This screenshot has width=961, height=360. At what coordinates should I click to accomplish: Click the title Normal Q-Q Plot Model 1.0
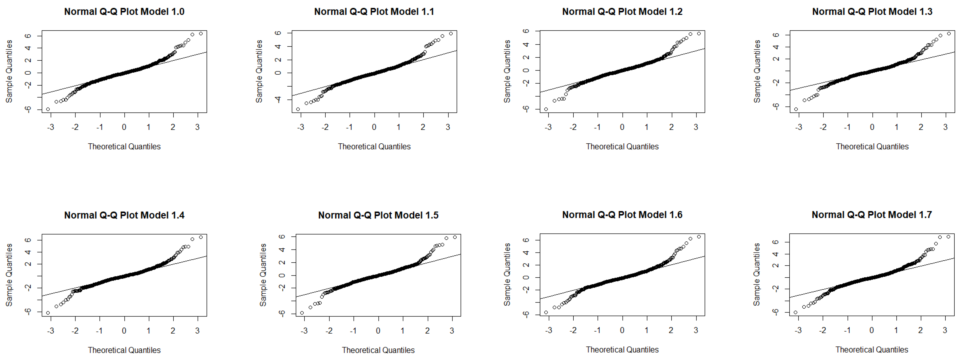pyautogui.click(x=124, y=11)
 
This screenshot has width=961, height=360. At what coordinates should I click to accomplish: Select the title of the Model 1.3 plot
pyautogui.click(x=872, y=11)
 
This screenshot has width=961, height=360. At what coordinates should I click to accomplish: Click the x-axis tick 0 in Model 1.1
pyautogui.click(x=374, y=127)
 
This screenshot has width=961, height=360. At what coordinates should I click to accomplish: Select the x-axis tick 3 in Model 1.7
pyautogui.click(x=945, y=330)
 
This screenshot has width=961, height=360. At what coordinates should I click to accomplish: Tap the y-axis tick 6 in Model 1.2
pyautogui.click(x=526, y=31)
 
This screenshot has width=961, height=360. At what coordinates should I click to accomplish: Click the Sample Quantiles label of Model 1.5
pyautogui.click(x=263, y=275)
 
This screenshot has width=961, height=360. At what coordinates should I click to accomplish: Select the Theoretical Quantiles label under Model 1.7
pyautogui.click(x=871, y=350)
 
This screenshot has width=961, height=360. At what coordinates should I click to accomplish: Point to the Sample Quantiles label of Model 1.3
pyautogui.click(x=757, y=71)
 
